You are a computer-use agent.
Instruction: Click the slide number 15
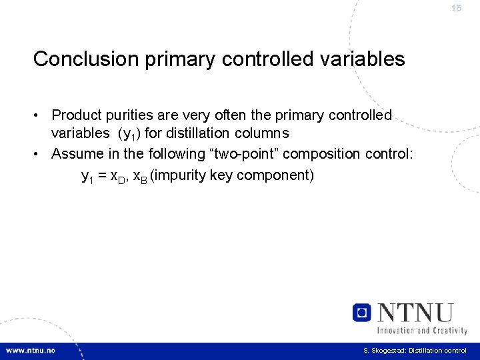[456, 9]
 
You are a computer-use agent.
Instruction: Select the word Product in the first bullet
[78, 115]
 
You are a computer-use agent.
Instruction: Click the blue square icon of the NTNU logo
[362, 313]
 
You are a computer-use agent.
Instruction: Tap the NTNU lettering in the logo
[414, 313]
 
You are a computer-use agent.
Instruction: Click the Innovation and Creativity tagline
[422, 330]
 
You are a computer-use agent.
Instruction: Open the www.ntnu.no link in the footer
[31, 351]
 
